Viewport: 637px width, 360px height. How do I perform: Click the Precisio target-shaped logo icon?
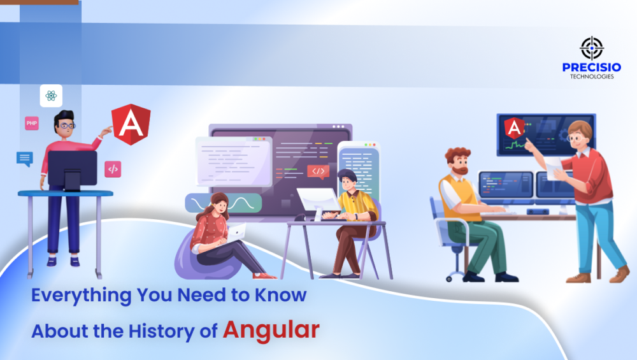tap(591, 48)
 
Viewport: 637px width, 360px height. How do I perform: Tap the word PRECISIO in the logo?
tap(591, 67)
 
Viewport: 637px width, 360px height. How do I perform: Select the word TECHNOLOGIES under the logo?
tap(592, 76)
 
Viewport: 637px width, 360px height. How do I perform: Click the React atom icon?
tap(51, 96)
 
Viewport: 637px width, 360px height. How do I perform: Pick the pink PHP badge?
tap(32, 122)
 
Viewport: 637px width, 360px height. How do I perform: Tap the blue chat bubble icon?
tap(24, 159)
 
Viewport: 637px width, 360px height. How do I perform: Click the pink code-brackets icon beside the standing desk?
tap(113, 169)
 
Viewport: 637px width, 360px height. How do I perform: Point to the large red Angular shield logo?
tap(131, 124)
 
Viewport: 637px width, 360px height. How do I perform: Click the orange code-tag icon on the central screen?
tap(318, 171)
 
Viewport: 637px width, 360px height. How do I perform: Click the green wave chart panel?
tap(222, 203)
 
